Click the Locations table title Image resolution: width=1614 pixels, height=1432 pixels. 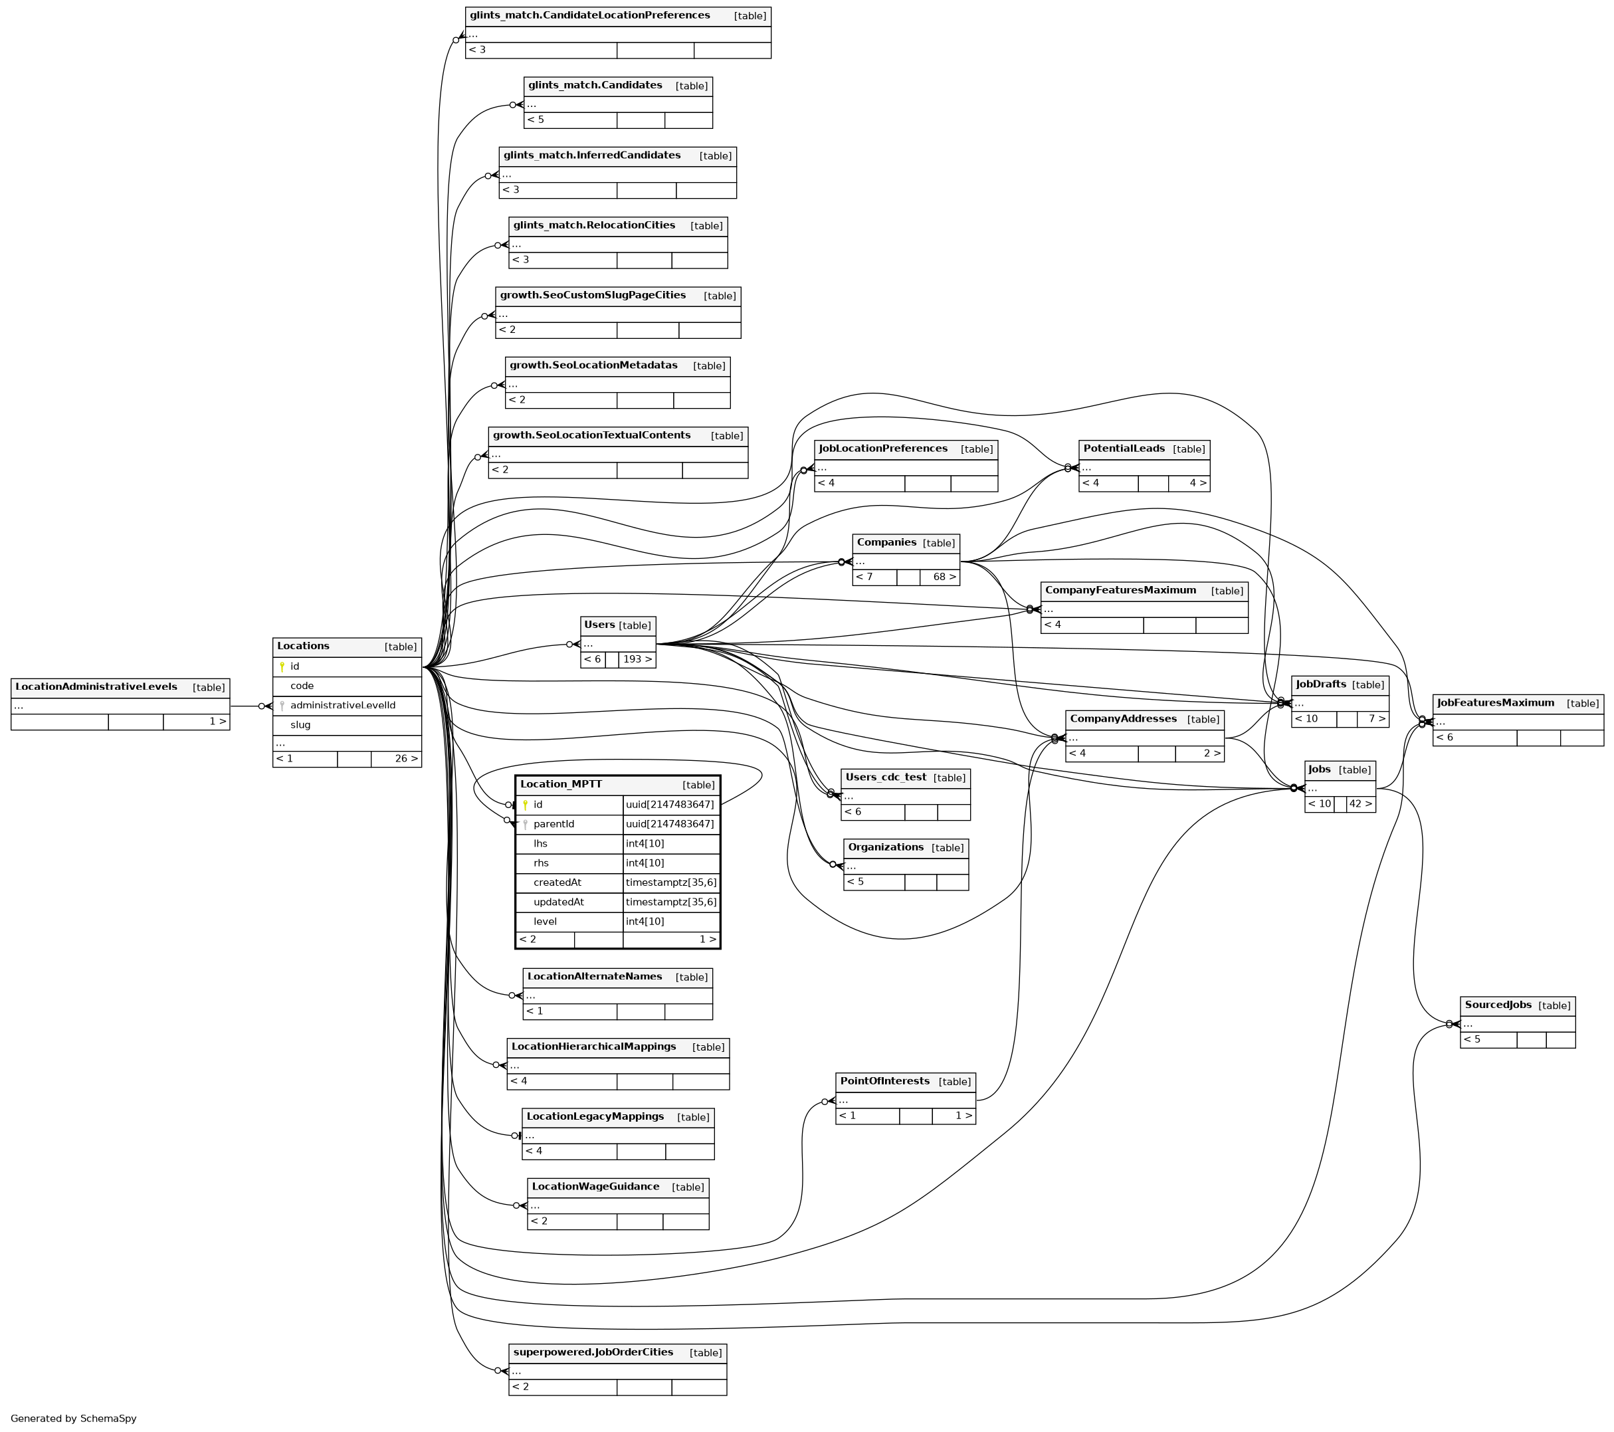click(303, 646)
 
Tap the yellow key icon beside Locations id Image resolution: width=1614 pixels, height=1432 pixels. click(282, 666)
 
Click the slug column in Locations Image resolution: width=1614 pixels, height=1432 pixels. click(300, 725)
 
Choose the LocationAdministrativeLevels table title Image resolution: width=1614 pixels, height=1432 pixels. click(96, 686)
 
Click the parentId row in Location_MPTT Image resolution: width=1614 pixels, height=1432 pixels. click(554, 824)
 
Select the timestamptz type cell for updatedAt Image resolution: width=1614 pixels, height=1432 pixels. click(670, 902)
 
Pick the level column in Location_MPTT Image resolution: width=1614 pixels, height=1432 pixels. click(545, 921)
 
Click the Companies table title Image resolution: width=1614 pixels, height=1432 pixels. click(886, 543)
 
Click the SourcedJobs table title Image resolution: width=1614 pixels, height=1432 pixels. click(1497, 1005)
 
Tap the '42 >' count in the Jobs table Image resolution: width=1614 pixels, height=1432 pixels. click(1361, 804)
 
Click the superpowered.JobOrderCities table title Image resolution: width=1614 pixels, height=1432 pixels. click(593, 1352)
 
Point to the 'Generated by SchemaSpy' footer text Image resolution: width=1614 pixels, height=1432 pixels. click(74, 1419)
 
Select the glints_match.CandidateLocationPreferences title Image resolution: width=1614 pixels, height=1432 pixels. click(589, 15)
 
